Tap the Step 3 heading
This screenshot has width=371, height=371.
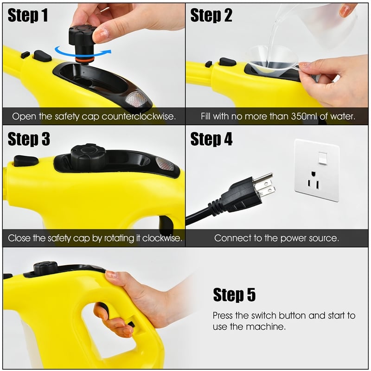point(29,139)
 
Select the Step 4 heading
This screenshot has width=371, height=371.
point(211,139)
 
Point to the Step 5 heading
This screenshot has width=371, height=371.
point(234,294)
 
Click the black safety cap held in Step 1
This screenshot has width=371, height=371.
point(83,38)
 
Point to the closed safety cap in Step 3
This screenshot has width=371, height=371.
point(88,157)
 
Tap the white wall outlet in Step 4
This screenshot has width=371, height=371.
point(317,170)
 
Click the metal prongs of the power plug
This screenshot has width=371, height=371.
point(264,185)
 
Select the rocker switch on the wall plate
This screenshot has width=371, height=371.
point(322,158)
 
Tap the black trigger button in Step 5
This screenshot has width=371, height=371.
point(102,309)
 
